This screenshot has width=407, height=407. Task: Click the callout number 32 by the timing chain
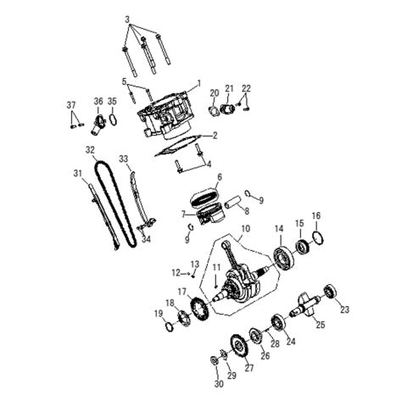(90, 149)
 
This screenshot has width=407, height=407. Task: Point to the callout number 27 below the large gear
(248, 368)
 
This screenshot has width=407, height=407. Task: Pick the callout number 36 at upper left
(98, 102)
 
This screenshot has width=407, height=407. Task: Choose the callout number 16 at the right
(316, 215)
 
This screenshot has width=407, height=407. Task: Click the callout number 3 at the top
(127, 19)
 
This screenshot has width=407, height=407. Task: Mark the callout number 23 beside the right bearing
(344, 310)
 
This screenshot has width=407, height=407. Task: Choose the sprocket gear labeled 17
(200, 309)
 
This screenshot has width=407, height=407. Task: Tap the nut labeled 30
(214, 363)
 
